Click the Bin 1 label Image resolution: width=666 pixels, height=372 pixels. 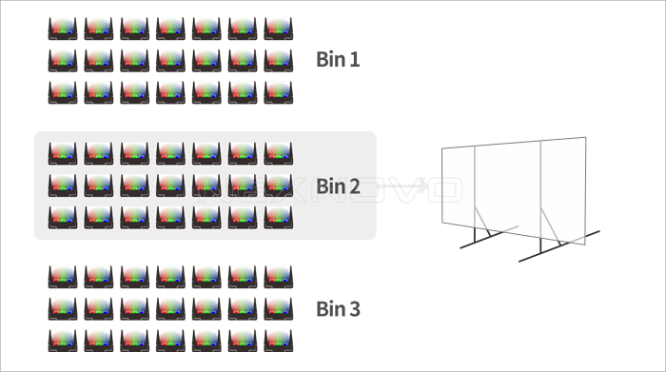coord(338,60)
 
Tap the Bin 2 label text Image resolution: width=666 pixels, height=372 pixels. coord(338,186)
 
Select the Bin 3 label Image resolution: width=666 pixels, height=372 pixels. coord(338,309)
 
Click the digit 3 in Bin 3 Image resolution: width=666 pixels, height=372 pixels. coord(354,309)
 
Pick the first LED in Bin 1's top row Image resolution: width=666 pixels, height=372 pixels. coord(63,28)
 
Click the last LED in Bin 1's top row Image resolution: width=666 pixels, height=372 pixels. coord(279,28)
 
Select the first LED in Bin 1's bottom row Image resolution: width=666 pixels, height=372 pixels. coord(63,92)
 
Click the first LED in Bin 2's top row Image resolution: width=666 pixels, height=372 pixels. coord(63,152)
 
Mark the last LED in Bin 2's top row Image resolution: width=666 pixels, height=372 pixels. coord(279,152)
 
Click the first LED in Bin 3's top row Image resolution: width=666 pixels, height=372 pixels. coord(63,277)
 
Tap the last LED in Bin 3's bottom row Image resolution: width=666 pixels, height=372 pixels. coord(279,340)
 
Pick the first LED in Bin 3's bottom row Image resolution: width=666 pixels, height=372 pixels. coord(63,340)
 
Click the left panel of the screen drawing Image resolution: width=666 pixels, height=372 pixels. coord(460,191)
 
